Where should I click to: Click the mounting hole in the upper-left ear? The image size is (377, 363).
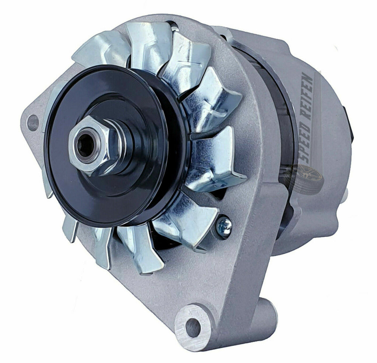pyautogui.click(x=33, y=123)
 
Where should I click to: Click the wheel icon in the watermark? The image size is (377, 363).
pyautogui.click(x=303, y=179)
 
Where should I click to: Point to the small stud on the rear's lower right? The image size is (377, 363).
pyautogui.click(x=345, y=195)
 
